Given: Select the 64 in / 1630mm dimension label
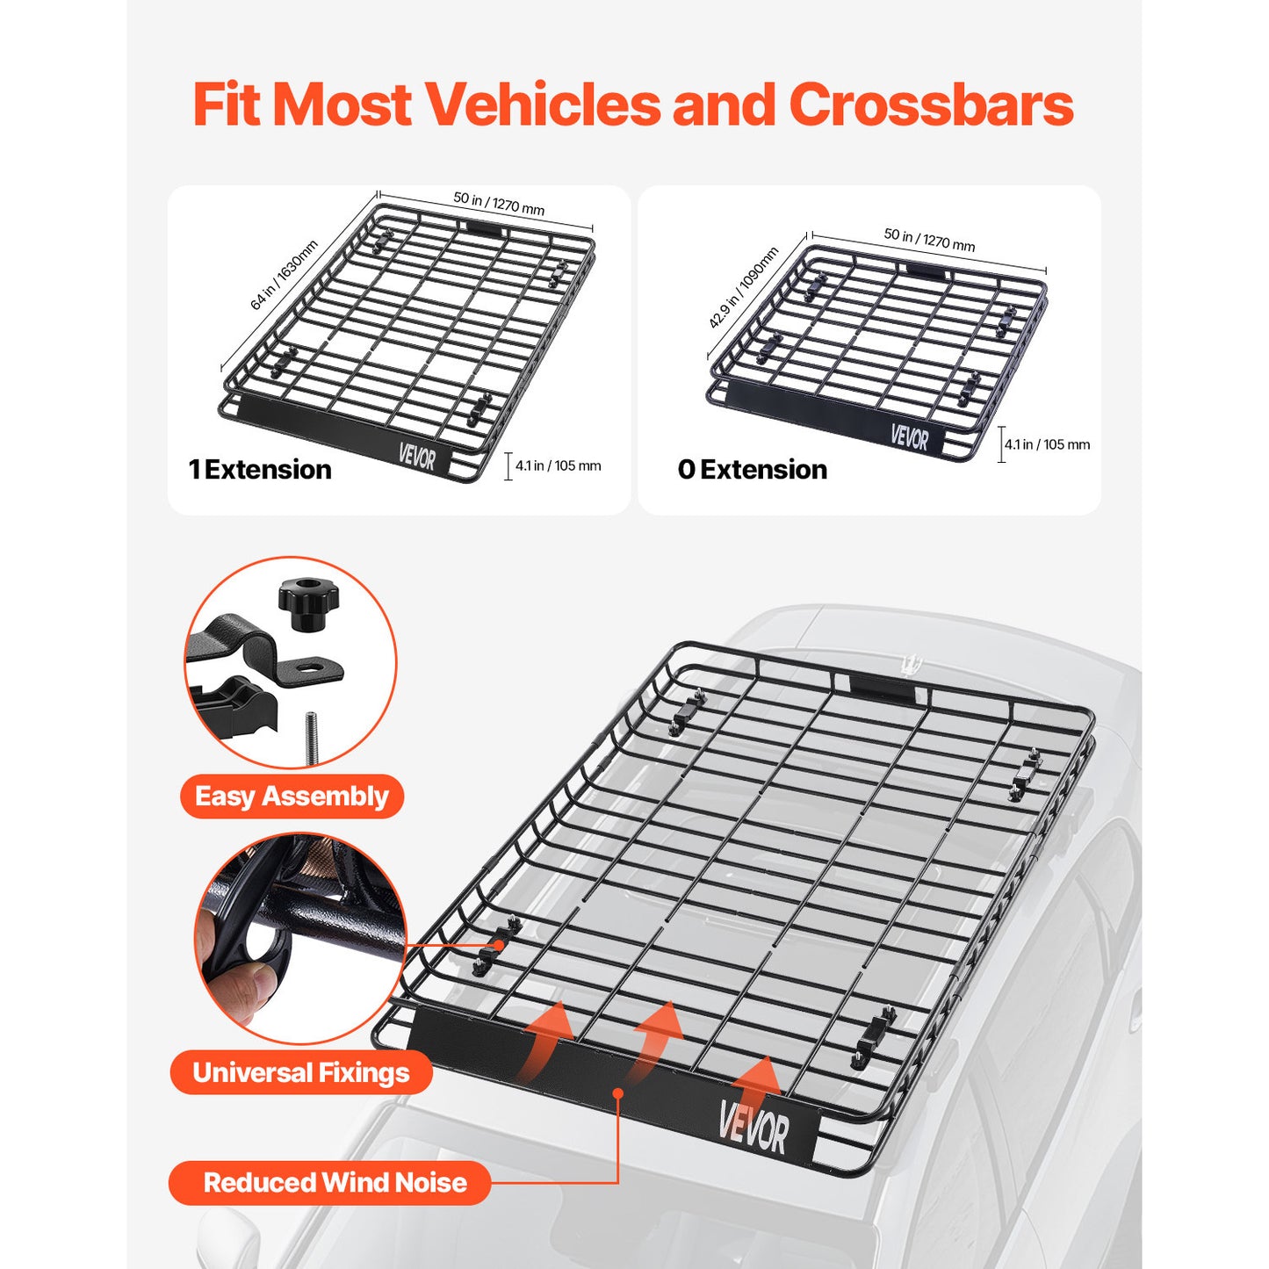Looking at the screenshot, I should click(283, 275).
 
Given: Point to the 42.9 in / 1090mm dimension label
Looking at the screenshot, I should click(743, 288).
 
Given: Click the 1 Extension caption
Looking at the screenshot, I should click(260, 470).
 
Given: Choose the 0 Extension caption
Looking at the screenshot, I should click(753, 470).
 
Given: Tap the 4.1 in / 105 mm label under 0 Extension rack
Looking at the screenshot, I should click(1047, 445).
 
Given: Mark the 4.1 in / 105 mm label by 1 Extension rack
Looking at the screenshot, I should click(558, 466).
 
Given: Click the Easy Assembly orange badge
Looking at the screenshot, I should click(292, 797).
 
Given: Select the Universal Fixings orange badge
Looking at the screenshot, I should click(301, 1072).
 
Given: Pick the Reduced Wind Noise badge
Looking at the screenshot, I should click(335, 1183).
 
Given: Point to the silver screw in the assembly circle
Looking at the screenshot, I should click(311, 736).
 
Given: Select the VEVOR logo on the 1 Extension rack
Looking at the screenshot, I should click(416, 456).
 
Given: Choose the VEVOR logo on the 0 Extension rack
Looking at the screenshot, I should click(909, 436).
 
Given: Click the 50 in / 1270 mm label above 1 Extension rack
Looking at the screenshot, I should click(499, 204).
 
